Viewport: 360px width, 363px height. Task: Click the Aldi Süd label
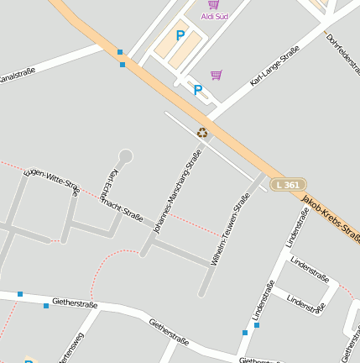click(x=215, y=16)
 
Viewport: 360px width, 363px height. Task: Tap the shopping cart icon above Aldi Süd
click(x=214, y=4)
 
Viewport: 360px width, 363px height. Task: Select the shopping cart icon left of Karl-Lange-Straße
click(x=217, y=75)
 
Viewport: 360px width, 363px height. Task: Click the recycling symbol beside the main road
click(x=202, y=132)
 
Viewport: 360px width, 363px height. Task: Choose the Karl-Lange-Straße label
click(x=274, y=67)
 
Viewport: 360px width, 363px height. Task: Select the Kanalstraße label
click(x=17, y=76)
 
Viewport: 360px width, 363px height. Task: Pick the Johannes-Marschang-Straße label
click(x=177, y=190)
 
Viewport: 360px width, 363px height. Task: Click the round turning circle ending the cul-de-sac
click(x=126, y=155)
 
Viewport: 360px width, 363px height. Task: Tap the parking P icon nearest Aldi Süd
click(x=180, y=35)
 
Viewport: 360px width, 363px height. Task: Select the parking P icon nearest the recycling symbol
click(x=198, y=90)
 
